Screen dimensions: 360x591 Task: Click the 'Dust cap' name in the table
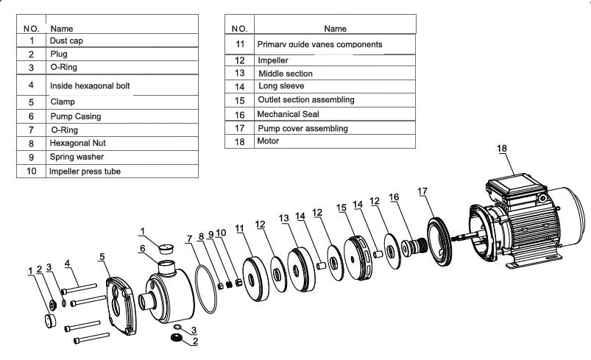66,41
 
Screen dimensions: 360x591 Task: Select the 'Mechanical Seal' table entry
288,114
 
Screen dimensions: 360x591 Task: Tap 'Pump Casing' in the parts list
76,116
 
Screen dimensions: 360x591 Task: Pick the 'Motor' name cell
268,141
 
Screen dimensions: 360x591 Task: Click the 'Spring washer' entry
77,157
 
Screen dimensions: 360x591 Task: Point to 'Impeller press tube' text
85,171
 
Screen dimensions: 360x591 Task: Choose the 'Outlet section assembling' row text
305,99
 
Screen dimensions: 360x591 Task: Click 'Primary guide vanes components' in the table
319,44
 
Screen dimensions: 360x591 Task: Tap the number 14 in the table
239,86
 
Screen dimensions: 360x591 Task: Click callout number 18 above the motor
502,148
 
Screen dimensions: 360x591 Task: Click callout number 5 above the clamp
102,256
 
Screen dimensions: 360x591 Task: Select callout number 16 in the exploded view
394,197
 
